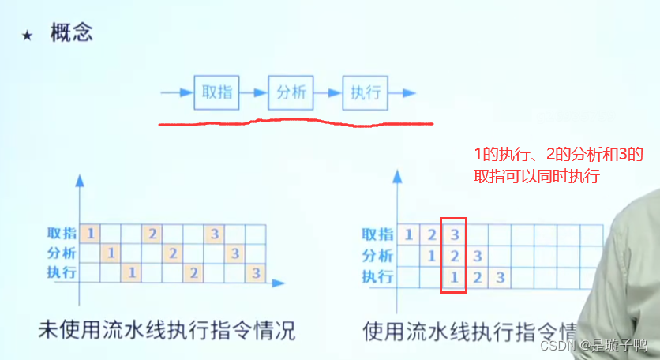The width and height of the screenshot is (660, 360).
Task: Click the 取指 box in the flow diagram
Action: (217, 93)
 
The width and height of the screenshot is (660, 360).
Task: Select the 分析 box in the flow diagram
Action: (291, 93)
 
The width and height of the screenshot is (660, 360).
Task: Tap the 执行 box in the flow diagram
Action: (366, 93)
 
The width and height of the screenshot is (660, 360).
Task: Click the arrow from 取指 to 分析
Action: (254, 93)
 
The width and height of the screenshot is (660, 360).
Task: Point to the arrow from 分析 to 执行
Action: (328, 93)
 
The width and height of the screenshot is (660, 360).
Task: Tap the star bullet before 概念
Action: (28, 36)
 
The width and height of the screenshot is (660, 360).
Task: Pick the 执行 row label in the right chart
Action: (377, 276)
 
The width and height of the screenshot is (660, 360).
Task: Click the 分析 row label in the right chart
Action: (377, 255)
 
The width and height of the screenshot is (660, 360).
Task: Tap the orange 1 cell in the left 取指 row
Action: (91, 234)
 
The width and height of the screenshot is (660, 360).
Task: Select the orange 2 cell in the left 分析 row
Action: (173, 253)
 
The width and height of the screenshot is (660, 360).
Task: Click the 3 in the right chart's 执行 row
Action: (500, 277)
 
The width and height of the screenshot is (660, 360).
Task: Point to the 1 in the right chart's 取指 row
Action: (408, 234)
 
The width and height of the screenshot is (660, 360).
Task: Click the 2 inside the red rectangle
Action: (454, 256)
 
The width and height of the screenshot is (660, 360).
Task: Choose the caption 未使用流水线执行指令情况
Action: (167, 330)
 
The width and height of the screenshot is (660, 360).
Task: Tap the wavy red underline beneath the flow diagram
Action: (296, 122)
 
